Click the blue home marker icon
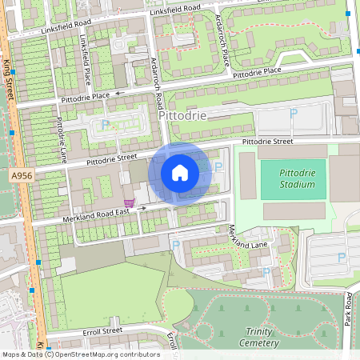point(180,173)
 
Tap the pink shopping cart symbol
point(128,203)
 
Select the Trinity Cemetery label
point(259,337)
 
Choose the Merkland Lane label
point(247,237)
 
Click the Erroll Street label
point(102,330)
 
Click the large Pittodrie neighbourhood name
point(183,116)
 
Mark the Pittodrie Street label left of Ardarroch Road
point(110,158)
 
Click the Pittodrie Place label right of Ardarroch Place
point(257,73)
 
